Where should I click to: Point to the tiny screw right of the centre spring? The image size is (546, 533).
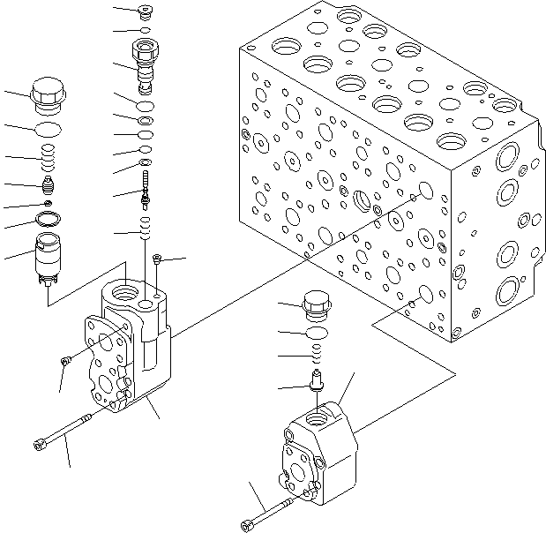click(157, 259)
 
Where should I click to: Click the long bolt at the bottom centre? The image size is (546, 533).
click(269, 514)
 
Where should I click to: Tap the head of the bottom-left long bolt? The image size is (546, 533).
click(41, 443)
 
